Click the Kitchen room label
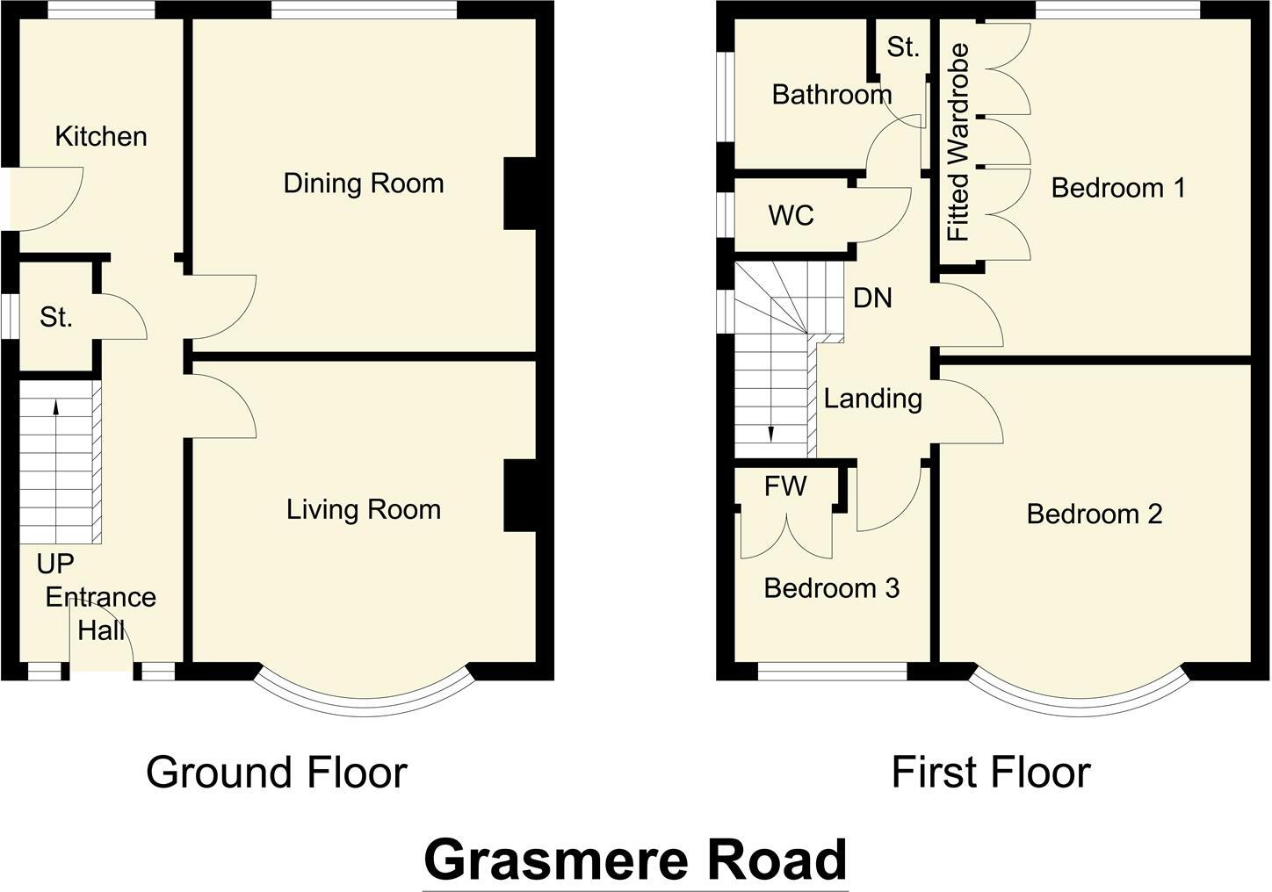pos(101,137)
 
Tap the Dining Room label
pos(363,183)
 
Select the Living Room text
pos(363,509)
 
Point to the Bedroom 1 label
pos(1117,188)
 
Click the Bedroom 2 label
pos(1094,514)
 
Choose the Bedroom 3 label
pos(831,588)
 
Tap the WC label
pos(791,216)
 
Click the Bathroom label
pos(831,95)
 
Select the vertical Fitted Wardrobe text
pos(958,143)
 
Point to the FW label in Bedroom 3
pos(784,486)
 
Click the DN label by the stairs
pos(872,299)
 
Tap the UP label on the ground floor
pos(55,564)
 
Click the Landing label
pos(872,399)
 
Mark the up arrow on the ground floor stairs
pos(56,406)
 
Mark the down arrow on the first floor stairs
pos(770,434)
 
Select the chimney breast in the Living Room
pos(520,496)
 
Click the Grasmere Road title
pos(635,860)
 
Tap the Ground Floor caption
pos(276,773)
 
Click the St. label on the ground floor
pos(55,318)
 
